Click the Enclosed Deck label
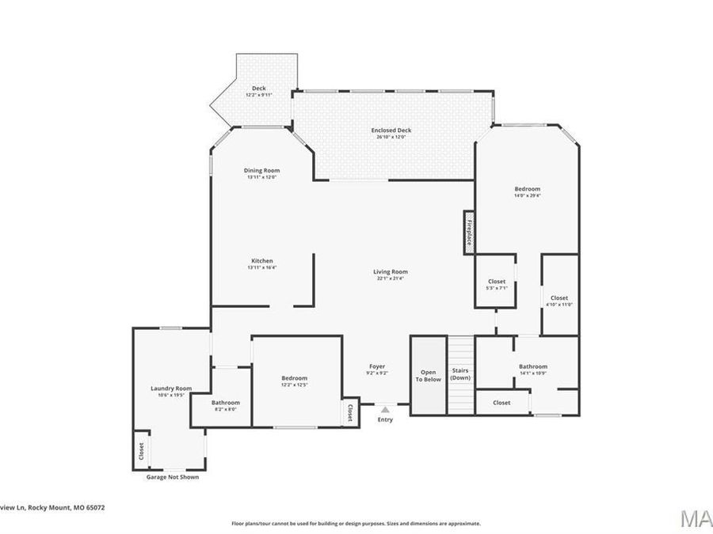pos(391,133)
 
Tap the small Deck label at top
pos(258,90)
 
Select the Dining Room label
pos(261,173)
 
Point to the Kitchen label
pos(262,263)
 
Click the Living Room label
pos(391,275)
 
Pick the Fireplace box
pos(469,233)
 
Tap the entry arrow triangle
pos(385,409)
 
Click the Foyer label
pos(377,369)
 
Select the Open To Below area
pos(429,375)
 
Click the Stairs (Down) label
pos(460,373)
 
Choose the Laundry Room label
pos(171,391)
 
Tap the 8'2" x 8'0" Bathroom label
pos(226,406)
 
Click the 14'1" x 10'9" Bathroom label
pos(532,369)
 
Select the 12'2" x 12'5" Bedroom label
pos(294,381)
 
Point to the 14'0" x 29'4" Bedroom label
pos(527,191)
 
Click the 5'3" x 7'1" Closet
pos(496,284)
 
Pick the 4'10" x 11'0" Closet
pos(559,301)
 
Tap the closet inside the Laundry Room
pos(141,450)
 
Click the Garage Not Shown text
pos(173,477)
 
